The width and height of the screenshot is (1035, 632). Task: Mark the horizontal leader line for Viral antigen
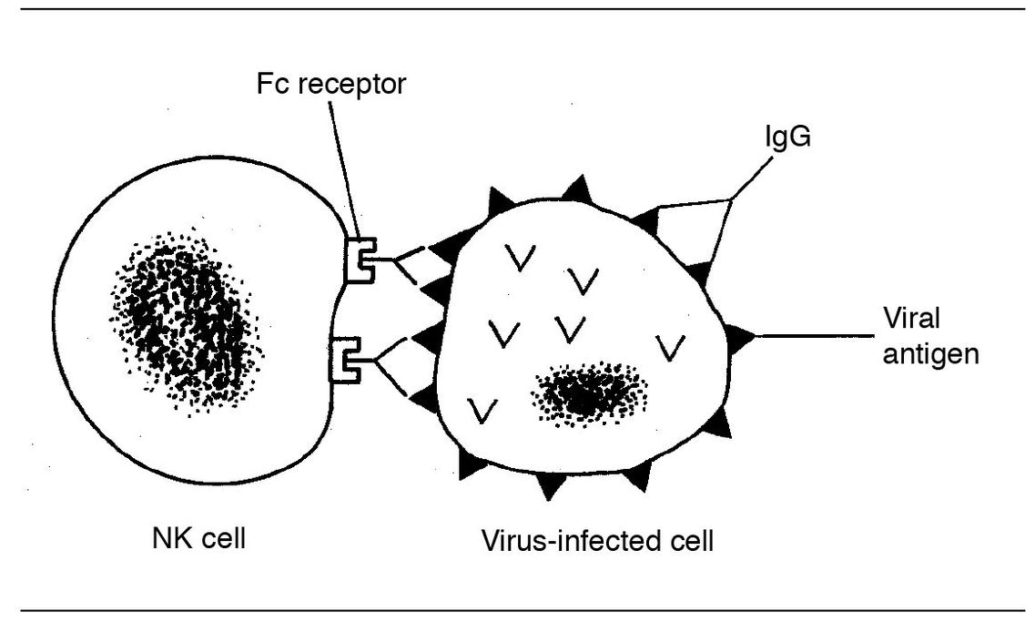tap(810, 337)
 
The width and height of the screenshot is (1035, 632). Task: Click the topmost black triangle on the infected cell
tap(576, 190)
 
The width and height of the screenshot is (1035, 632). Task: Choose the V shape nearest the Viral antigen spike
tap(671, 347)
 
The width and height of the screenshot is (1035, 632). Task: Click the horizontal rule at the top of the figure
tap(517, 8)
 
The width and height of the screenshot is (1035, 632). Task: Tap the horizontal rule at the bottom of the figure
tap(517, 610)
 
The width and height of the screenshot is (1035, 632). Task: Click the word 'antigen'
tap(929, 353)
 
